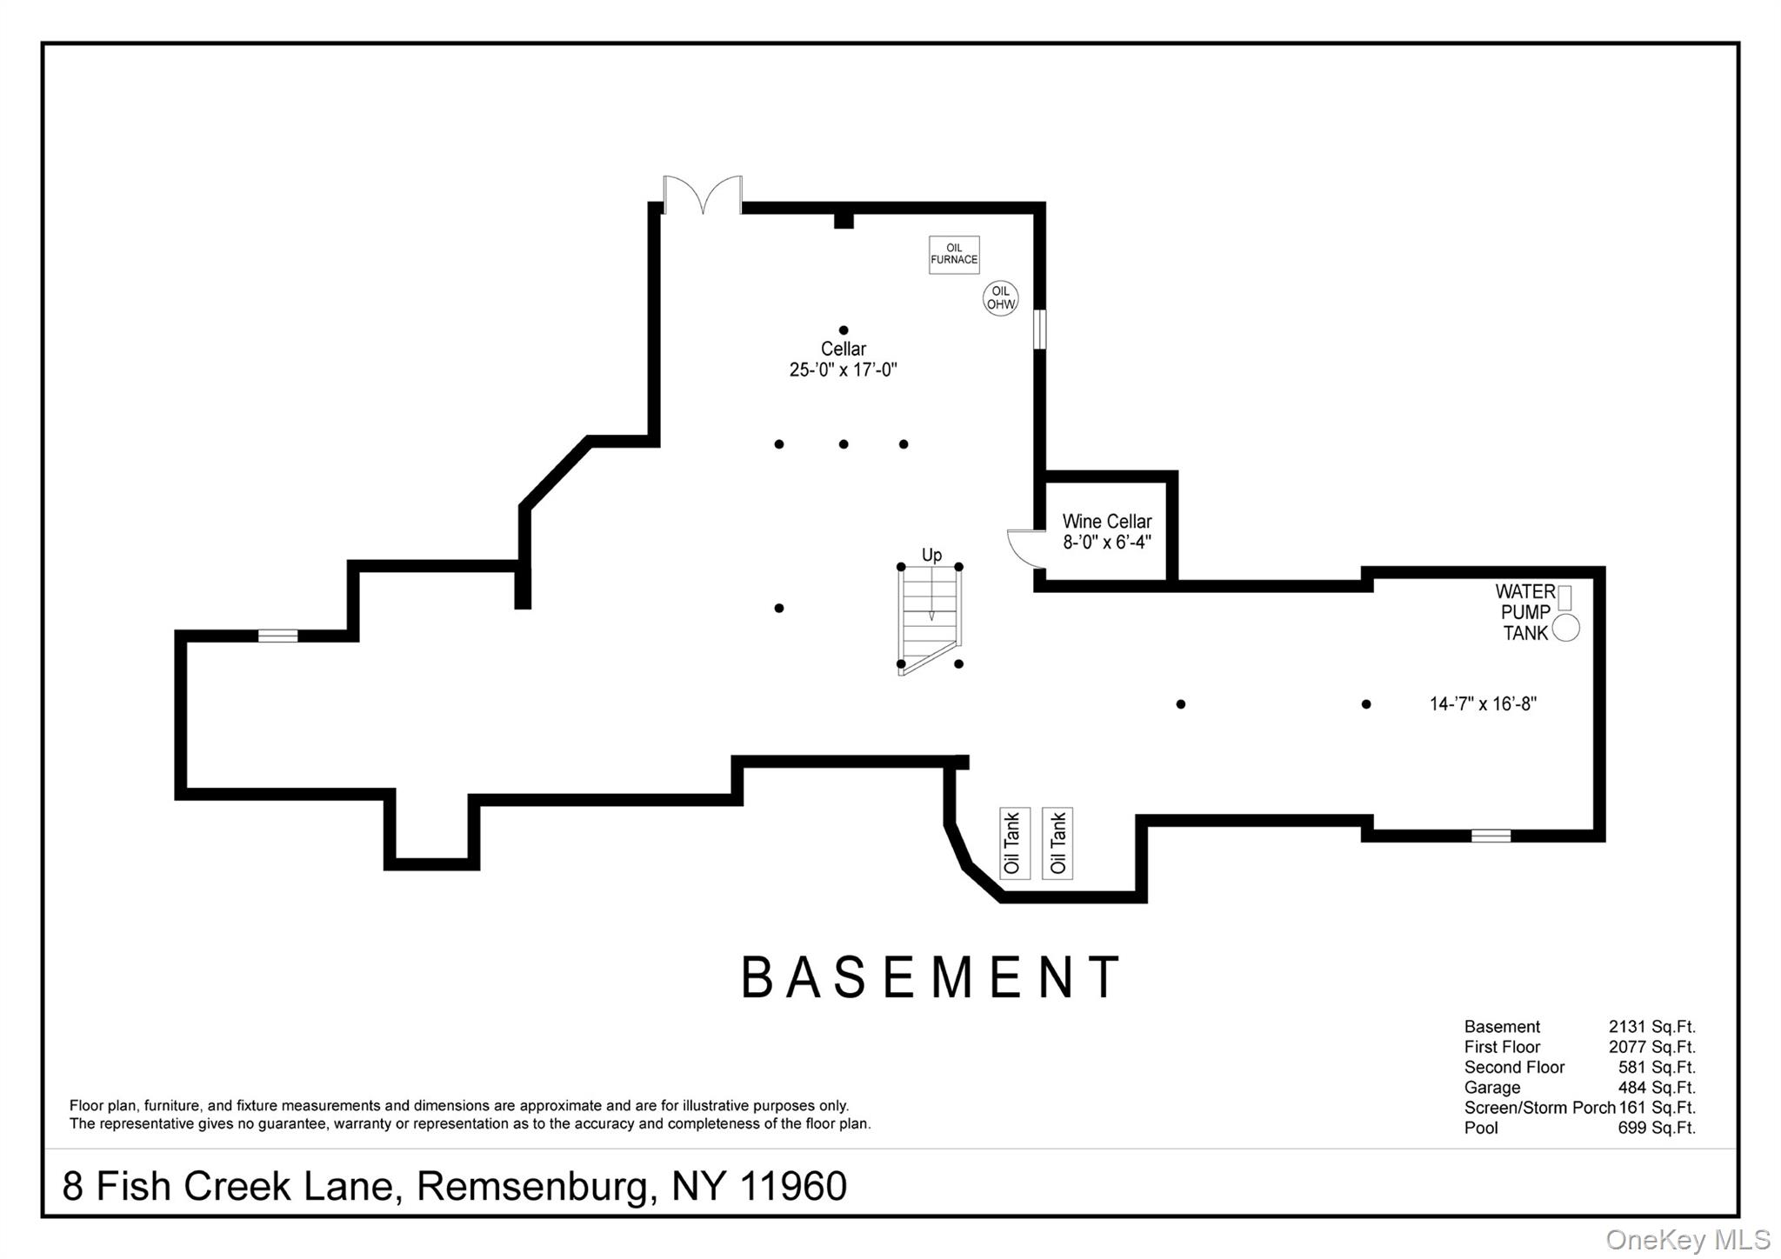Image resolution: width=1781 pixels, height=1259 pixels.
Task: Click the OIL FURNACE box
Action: pos(954,255)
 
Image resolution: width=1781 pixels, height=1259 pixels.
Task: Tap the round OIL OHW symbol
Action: pos(1000,298)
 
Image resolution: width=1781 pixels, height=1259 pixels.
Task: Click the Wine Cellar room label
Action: pos(1106,522)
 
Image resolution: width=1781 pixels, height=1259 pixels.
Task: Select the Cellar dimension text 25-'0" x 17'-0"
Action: pos(843,370)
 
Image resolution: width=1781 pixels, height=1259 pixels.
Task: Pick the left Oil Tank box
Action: pos(1014,843)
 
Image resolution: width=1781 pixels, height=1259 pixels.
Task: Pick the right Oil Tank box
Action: pos(1057,843)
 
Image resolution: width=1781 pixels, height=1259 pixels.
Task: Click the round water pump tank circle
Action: pos(1565,628)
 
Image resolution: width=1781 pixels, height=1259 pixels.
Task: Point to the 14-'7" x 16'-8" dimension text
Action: pos(1483,704)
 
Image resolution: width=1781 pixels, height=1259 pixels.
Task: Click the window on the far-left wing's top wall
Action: pos(277,636)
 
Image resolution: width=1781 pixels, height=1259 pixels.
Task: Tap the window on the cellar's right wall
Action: pos(1039,330)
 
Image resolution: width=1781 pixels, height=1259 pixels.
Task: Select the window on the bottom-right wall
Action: pos(1491,836)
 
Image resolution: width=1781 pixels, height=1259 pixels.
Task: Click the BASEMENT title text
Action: pos(930,977)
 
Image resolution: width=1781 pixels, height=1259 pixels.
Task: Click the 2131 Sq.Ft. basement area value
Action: pos(1651,1027)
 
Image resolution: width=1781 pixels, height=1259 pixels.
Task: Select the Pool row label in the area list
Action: pos(1481,1128)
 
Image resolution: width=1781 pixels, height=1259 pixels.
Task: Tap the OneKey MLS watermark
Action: pos(1687,1239)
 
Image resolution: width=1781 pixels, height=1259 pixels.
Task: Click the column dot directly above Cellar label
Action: pos(844,330)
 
